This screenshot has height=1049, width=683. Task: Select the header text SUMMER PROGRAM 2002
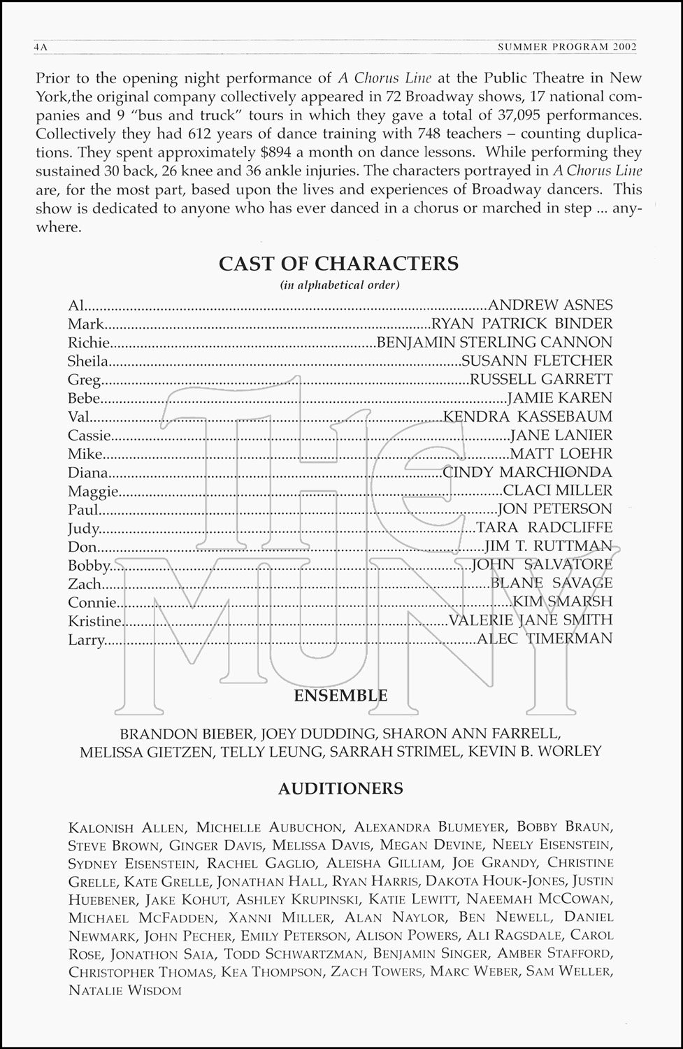coord(567,48)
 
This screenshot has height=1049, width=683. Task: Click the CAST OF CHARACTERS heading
coord(339,264)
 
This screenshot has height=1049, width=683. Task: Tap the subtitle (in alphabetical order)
coord(340,285)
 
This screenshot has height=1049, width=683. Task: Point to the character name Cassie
coord(90,436)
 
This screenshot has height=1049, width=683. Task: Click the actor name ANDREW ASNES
coord(550,305)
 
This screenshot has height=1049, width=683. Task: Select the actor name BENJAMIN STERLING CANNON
coord(494,342)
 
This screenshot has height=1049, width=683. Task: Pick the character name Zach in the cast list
coord(85,583)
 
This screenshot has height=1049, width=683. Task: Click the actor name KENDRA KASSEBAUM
coord(528,417)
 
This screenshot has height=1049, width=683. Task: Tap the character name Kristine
coord(95,620)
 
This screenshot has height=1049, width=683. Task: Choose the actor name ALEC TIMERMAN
coord(544,638)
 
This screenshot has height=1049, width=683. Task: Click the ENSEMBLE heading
coord(340,696)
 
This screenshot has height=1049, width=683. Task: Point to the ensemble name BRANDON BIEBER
coord(186,734)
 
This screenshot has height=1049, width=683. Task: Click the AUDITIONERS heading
coord(340,789)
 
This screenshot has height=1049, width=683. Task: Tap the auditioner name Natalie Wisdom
coord(125,990)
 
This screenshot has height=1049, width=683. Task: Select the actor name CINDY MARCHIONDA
coord(528,472)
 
